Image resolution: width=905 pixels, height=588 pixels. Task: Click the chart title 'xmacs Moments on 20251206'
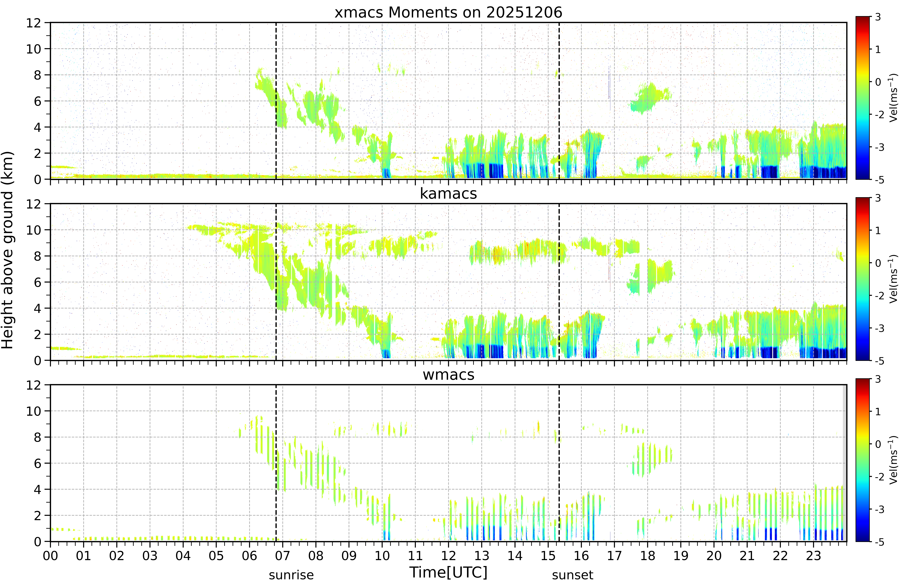coord(448,13)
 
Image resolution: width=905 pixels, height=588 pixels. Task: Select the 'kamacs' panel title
coord(448,194)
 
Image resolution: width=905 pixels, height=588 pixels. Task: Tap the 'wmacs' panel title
coord(448,375)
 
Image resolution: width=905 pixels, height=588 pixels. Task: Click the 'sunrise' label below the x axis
coord(291,575)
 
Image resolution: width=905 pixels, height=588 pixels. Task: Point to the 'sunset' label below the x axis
coord(573,575)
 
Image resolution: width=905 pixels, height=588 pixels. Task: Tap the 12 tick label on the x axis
coord(448,556)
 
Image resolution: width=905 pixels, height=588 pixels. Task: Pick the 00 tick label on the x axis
coord(50,556)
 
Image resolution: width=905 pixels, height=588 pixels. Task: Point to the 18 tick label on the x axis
coord(648,556)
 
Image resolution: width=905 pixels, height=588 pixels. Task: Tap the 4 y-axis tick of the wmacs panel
coord(37,489)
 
